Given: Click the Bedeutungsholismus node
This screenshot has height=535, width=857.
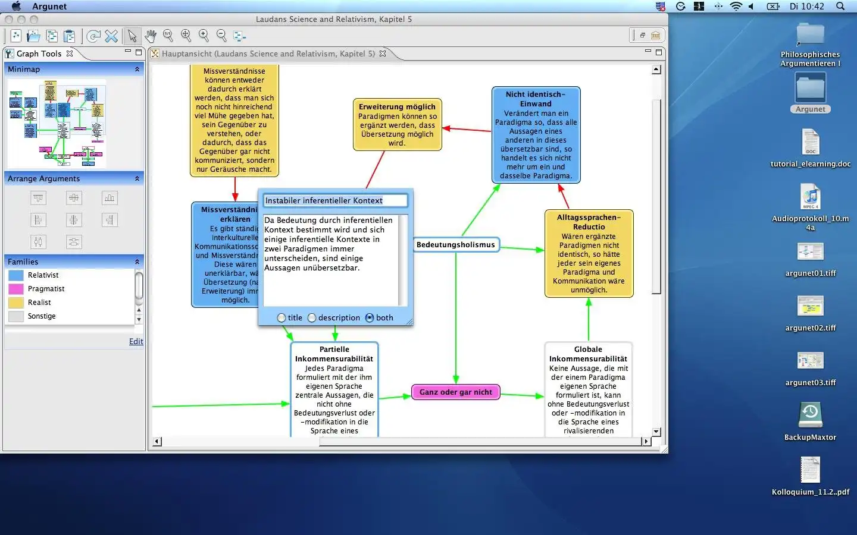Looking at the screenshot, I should click(455, 245).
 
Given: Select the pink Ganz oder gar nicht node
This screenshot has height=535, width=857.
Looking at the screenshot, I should click(455, 392).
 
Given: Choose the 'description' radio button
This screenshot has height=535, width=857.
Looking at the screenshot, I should click(312, 318).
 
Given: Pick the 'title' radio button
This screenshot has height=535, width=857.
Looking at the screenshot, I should click(282, 318).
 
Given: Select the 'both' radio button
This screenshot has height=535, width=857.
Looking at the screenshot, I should click(370, 318).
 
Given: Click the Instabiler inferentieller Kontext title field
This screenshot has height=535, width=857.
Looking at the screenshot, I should click(335, 201).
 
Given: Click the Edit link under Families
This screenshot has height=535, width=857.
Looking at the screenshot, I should click(136, 342).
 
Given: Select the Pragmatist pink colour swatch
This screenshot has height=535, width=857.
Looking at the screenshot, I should click(16, 289).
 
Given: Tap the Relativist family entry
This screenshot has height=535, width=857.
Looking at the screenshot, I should click(43, 275).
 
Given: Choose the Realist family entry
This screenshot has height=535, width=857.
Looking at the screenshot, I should click(39, 303).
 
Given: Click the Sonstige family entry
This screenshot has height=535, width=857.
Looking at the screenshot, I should click(42, 316).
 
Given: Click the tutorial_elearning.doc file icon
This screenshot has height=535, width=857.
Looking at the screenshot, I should click(810, 143).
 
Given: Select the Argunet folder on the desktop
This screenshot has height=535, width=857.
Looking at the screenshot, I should click(810, 89).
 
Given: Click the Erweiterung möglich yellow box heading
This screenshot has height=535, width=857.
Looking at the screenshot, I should click(397, 107).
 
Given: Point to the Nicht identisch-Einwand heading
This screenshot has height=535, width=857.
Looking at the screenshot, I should click(536, 99).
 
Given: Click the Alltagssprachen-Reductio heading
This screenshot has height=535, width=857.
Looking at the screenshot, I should click(589, 222).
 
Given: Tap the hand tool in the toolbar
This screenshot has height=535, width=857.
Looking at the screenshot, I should click(151, 36).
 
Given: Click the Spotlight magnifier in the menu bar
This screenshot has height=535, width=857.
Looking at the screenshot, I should click(840, 7).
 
